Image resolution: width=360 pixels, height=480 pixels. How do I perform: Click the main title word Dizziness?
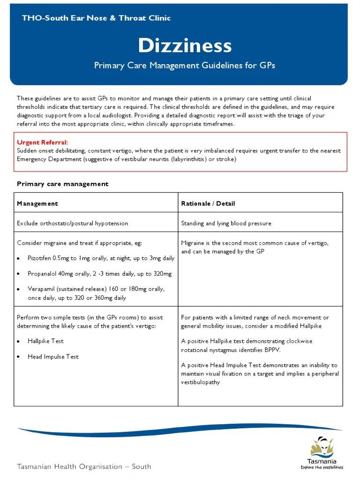click(x=185, y=46)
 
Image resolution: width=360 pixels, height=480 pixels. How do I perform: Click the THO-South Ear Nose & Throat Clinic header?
click(x=96, y=18)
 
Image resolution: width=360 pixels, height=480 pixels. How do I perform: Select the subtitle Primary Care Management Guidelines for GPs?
click(x=185, y=65)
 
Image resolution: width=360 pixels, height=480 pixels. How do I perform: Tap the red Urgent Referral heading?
click(x=42, y=142)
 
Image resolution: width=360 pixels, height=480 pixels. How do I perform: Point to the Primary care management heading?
click(x=62, y=184)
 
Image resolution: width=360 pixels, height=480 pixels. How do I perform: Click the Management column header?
click(x=37, y=203)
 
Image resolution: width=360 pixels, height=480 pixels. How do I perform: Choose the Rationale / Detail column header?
click(x=208, y=203)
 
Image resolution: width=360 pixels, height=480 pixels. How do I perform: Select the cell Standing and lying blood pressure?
click(x=226, y=223)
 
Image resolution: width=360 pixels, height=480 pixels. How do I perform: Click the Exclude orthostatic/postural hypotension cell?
click(x=73, y=223)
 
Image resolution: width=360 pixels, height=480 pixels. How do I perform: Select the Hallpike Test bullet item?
click(x=45, y=341)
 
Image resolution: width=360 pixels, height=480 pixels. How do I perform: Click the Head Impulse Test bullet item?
click(x=53, y=357)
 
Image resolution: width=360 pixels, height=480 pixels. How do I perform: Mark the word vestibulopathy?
click(x=201, y=382)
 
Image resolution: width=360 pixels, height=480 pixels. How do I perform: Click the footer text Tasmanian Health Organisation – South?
click(x=84, y=466)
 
